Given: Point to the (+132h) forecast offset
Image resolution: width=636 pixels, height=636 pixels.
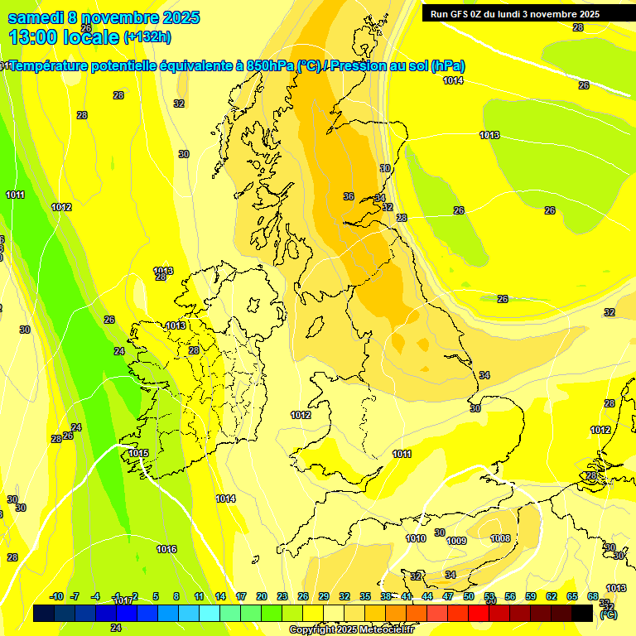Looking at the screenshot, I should [147, 37].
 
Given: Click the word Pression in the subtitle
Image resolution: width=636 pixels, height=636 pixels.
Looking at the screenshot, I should [359, 66].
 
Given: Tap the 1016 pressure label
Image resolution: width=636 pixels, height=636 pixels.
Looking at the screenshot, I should [166, 549].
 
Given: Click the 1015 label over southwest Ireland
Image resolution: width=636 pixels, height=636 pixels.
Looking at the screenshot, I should [138, 453].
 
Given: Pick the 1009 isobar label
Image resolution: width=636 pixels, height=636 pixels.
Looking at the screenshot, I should [456, 541].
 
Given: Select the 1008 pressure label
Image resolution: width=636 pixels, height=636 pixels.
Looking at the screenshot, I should [500, 538].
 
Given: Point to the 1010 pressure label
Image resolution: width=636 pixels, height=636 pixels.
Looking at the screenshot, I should [416, 538].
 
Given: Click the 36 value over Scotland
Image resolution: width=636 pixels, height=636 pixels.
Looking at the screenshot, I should [349, 196].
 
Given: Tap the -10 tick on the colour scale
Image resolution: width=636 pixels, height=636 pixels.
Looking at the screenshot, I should [56, 596].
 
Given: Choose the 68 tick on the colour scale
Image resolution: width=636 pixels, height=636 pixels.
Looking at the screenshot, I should [593, 596].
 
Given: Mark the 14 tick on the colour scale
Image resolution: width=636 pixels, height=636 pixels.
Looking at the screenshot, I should [220, 596].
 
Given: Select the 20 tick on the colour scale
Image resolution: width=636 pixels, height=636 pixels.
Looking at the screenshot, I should [262, 596].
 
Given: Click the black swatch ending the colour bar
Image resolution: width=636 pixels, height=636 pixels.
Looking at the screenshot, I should [582, 613].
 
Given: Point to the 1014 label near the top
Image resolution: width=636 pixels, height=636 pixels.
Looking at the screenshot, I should [453, 80].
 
